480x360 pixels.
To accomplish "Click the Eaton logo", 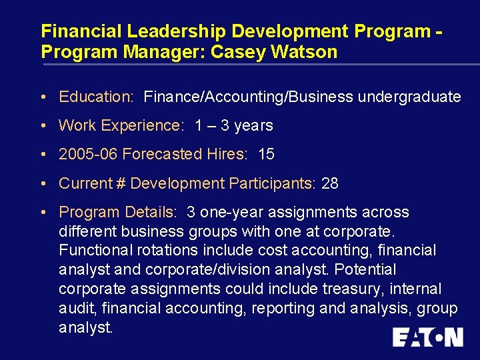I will (x=427, y=337).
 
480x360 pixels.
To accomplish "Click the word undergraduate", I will (x=409, y=97).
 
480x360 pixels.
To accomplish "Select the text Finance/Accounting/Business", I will (x=249, y=97).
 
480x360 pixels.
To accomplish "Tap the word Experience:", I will (x=141, y=125).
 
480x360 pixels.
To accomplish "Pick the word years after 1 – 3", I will (x=253, y=125).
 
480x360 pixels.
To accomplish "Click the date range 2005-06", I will (x=88, y=154).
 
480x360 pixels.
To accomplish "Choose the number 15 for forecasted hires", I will (x=266, y=154).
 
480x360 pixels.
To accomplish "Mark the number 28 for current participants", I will (x=330, y=183).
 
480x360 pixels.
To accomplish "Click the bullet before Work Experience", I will (x=43, y=125).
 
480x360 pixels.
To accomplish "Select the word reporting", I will (x=299, y=308).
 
